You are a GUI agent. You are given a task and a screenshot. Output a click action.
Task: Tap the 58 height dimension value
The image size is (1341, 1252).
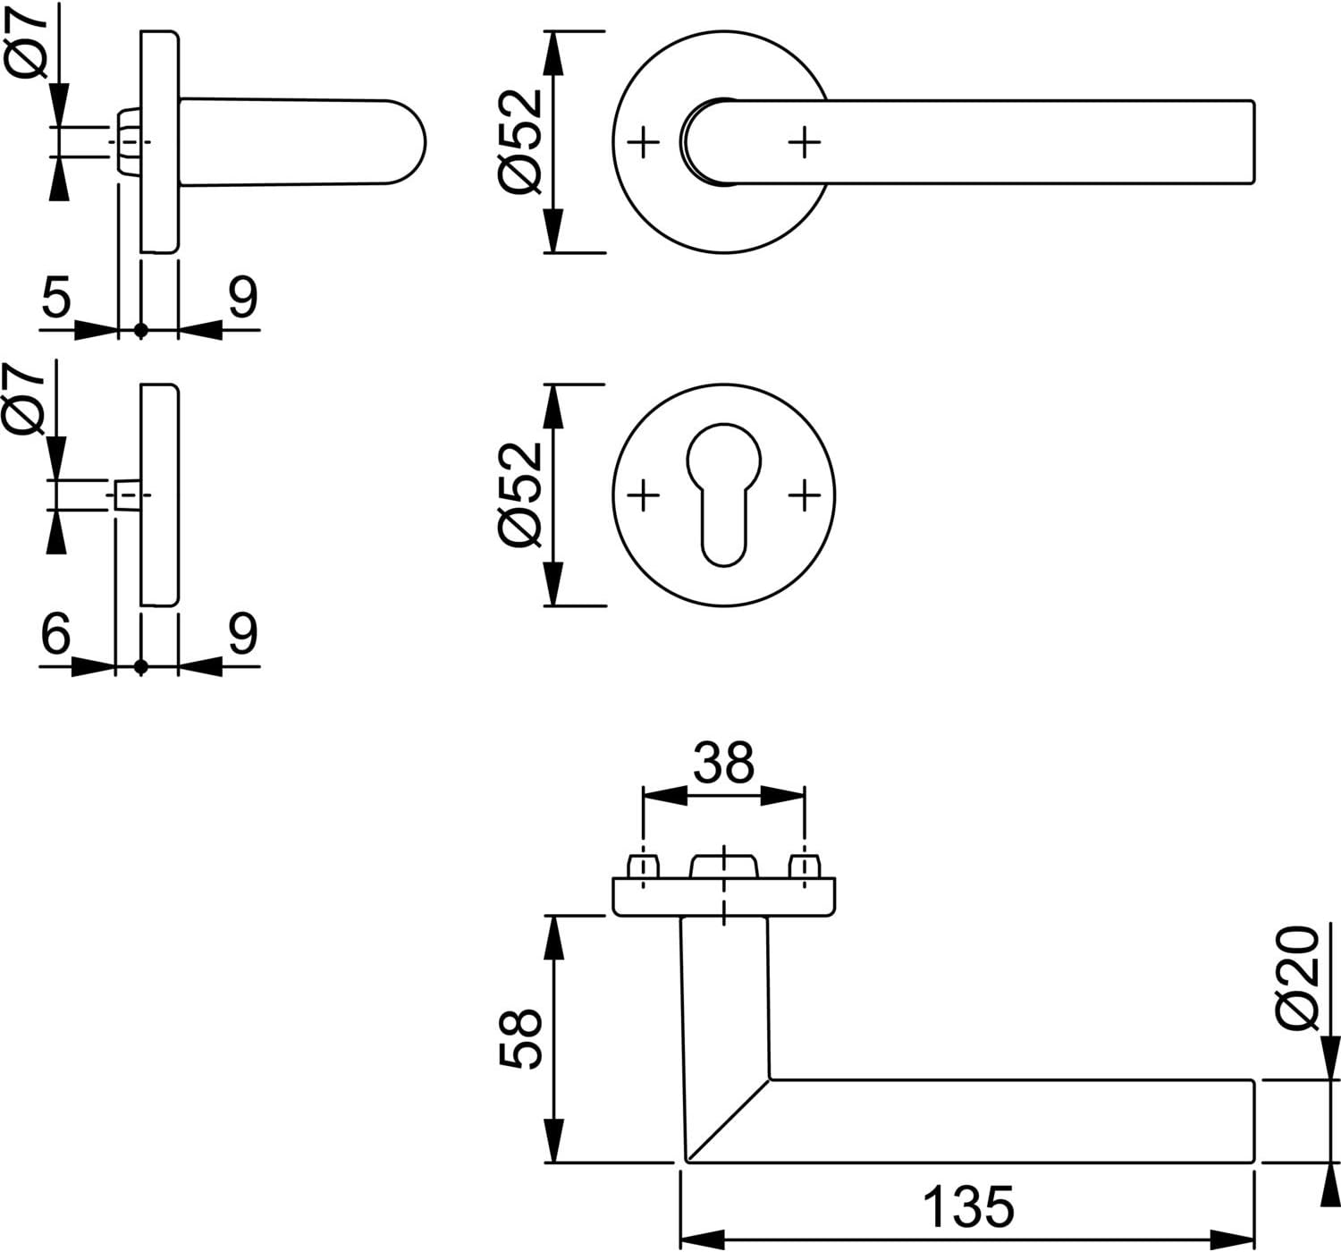click(x=520, y=1039)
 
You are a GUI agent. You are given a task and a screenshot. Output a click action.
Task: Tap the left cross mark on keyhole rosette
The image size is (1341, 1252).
click(x=643, y=496)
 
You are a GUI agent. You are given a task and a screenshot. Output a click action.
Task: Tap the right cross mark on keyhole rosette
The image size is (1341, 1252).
click(x=805, y=496)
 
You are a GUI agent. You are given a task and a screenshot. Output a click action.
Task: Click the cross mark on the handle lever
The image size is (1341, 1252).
click(x=805, y=142)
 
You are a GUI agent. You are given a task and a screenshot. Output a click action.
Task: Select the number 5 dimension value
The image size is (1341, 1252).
click(x=56, y=296)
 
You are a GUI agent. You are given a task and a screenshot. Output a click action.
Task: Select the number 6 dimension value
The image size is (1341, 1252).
click(x=55, y=633)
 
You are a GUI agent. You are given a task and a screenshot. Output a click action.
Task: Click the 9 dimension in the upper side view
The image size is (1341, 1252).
click(x=243, y=296)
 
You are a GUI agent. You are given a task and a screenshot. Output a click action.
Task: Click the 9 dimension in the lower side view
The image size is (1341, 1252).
click(x=243, y=633)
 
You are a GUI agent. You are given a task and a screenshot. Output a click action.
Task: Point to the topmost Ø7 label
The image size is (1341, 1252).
click(x=26, y=40)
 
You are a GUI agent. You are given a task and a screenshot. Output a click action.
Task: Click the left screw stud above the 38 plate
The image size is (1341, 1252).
click(x=643, y=867)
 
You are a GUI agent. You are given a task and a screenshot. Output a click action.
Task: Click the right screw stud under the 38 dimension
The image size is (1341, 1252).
click(x=805, y=867)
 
